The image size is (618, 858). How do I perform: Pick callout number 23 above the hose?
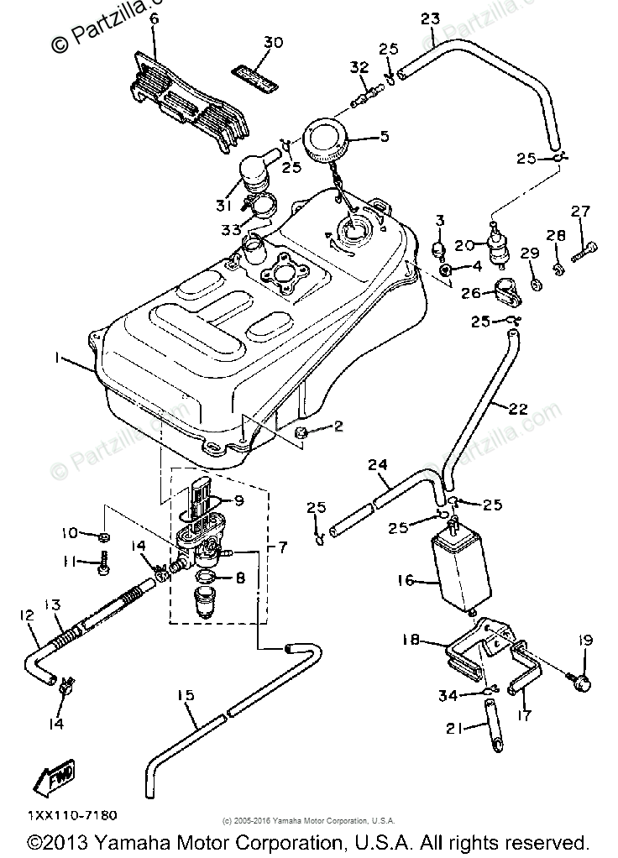[430, 18]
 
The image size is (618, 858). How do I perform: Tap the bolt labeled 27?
[586, 249]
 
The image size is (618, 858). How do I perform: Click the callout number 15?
[186, 695]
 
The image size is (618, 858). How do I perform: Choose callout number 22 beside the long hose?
[518, 409]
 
